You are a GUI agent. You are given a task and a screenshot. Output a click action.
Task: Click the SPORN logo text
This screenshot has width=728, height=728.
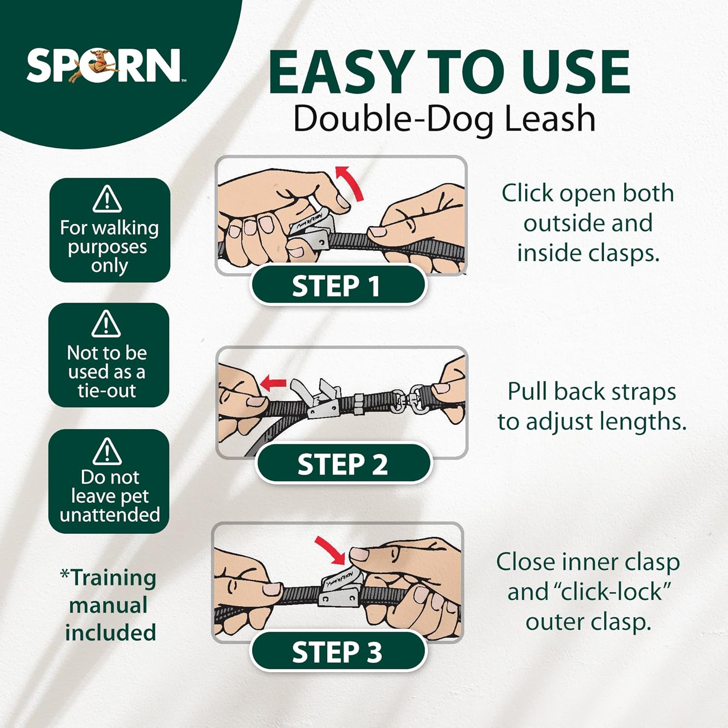pos(104,66)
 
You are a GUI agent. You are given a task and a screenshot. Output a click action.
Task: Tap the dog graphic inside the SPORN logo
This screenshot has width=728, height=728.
pos(97,66)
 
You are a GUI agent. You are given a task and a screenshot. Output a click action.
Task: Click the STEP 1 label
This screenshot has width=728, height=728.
pos(336,286)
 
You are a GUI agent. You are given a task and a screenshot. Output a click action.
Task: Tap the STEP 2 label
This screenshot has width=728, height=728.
pos(343,464)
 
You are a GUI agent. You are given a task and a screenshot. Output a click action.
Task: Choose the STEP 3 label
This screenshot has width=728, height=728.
pos(337,652)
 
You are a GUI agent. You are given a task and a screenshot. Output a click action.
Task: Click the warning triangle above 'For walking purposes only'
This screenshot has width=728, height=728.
pos(107,199)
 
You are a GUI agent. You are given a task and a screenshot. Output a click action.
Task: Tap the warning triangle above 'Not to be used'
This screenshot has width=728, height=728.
pos(106,323)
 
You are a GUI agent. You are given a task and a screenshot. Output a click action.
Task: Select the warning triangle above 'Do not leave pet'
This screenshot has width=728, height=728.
pos(107,450)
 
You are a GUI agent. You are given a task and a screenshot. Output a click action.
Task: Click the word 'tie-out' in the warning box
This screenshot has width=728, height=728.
pos(107,390)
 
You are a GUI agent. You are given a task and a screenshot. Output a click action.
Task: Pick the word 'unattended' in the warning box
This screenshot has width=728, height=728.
pos(110,514)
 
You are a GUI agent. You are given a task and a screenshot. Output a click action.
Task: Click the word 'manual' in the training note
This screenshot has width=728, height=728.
pos(108,605)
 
